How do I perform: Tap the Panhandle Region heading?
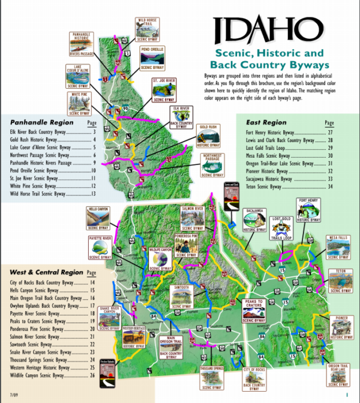click(x=37, y=121)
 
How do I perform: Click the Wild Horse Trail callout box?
click(x=149, y=30)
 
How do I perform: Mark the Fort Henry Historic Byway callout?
click(x=311, y=210)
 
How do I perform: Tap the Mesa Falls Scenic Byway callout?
click(x=338, y=246)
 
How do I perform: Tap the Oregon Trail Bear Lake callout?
click(x=338, y=375)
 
